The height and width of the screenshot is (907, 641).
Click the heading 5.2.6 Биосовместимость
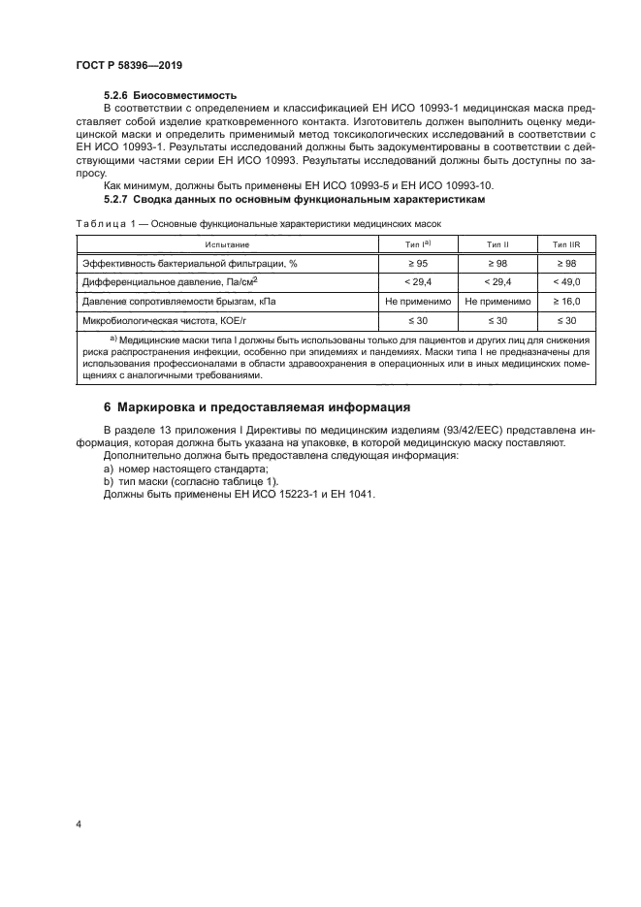(x=170, y=95)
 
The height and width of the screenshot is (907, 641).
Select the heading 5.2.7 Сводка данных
(x=293, y=199)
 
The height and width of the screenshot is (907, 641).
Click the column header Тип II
(x=497, y=245)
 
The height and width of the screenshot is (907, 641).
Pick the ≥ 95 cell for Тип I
(x=417, y=264)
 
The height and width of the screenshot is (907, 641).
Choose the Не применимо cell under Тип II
(x=497, y=301)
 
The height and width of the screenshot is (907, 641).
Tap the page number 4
(x=78, y=824)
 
